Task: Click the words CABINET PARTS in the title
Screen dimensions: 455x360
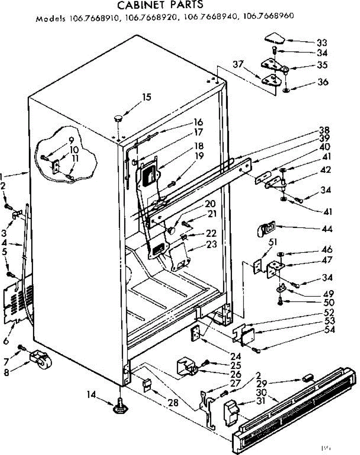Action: pos(160,5)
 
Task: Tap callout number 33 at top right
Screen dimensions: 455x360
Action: pos(322,42)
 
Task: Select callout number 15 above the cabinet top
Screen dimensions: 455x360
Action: pos(147,97)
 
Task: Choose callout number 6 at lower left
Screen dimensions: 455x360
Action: pos(6,341)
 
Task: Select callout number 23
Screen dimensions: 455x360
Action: pos(212,245)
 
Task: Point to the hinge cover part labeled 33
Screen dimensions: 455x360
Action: pos(274,38)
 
